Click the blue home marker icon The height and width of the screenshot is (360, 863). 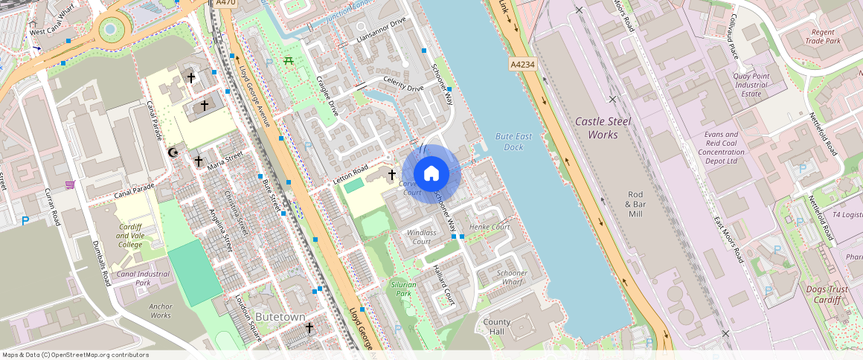(x=431, y=173)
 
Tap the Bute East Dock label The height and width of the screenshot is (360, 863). (x=514, y=141)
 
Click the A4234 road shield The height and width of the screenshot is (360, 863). (x=523, y=65)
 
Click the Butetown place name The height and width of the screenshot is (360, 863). (x=280, y=317)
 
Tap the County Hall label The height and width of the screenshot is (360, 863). (x=497, y=327)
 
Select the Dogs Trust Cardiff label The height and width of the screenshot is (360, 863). (x=823, y=294)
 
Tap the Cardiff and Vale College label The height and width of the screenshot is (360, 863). (x=129, y=236)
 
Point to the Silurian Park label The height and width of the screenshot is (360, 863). (x=404, y=289)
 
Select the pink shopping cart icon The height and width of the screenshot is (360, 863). (x=70, y=184)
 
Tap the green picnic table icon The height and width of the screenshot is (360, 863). (x=288, y=60)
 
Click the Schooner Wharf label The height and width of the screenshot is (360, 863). (x=511, y=277)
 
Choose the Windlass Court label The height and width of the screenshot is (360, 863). (x=421, y=237)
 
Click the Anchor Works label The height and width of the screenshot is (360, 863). (x=160, y=310)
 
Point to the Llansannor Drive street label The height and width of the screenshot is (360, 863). (x=381, y=30)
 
